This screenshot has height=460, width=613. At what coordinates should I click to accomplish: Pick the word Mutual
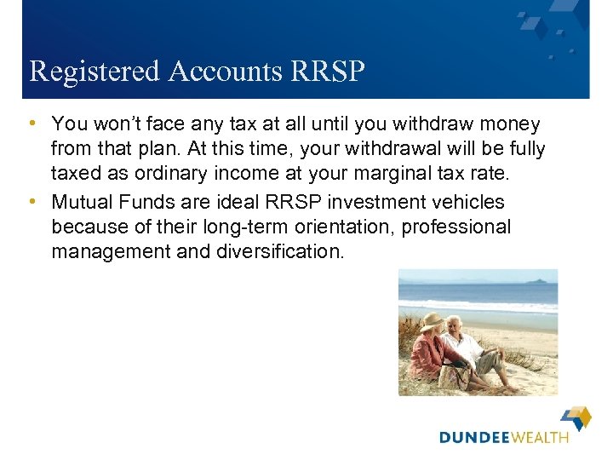(x=82, y=203)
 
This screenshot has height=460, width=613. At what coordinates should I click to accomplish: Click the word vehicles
(x=464, y=203)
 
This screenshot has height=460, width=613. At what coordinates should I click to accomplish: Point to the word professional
(x=456, y=227)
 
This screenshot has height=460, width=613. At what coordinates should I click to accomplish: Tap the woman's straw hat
(x=433, y=322)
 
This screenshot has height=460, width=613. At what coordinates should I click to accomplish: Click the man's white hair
(x=455, y=321)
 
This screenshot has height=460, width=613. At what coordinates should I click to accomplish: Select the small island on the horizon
(x=537, y=280)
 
